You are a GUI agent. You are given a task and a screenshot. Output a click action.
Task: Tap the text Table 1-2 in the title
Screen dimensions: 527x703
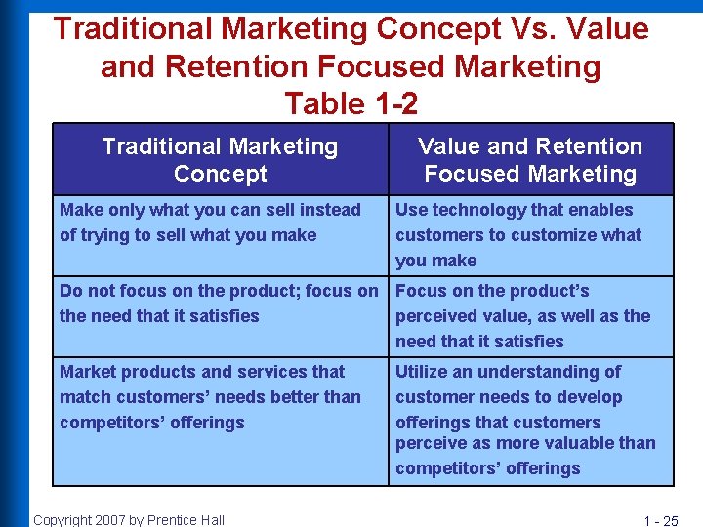click(x=351, y=102)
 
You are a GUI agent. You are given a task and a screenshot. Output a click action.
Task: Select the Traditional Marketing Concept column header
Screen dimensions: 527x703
click(x=220, y=160)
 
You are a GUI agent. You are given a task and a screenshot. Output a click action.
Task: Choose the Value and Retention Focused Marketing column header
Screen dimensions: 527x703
click(x=530, y=160)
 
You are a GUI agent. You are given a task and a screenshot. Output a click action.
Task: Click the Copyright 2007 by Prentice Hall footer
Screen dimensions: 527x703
click(x=129, y=519)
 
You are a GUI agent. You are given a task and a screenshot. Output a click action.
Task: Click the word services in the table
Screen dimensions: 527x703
click(x=281, y=372)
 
